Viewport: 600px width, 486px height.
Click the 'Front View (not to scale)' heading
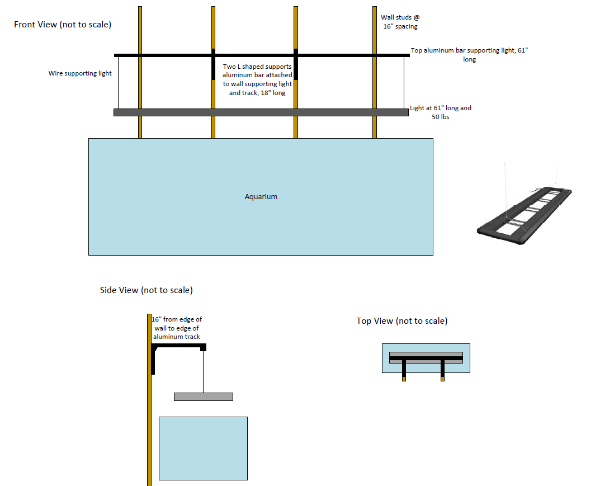[x=63, y=25]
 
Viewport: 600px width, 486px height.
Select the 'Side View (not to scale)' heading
[x=146, y=290]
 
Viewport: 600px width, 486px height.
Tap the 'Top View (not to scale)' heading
[x=401, y=320]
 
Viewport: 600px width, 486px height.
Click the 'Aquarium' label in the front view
[x=261, y=197]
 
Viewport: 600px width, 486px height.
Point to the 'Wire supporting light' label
[x=80, y=73]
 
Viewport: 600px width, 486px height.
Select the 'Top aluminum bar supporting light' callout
[x=469, y=54]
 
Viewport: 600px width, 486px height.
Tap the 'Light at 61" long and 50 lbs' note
[x=441, y=112]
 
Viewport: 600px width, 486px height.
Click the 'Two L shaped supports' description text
[x=257, y=79]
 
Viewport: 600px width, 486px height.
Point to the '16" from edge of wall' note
[x=177, y=328]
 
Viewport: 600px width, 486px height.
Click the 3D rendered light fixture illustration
[x=525, y=216]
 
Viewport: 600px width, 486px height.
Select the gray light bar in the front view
[x=261, y=112]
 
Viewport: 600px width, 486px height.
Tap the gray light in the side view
[x=203, y=397]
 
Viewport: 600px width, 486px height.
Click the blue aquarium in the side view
[x=203, y=448]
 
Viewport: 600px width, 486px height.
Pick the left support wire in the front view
[x=119, y=83]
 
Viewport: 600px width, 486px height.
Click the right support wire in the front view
[x=404, y=83]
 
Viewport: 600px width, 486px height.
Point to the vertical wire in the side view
[x=203, y=371]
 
